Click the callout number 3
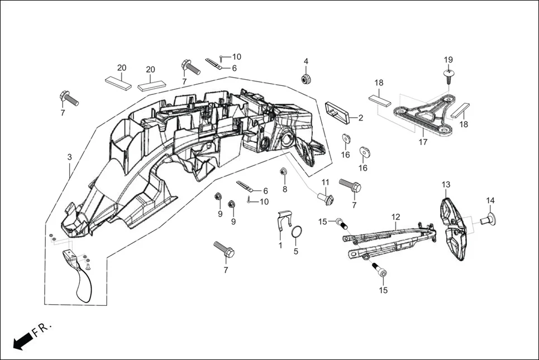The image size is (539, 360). (69, 157)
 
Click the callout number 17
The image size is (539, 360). (423, 142)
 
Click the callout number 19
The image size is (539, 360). (449, 60)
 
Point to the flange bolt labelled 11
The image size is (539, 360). (327, 198)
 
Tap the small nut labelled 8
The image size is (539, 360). (283, 171)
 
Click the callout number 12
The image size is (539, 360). (395, 217)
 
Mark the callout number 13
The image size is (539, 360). (446, 184)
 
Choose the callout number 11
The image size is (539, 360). (325, 183)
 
